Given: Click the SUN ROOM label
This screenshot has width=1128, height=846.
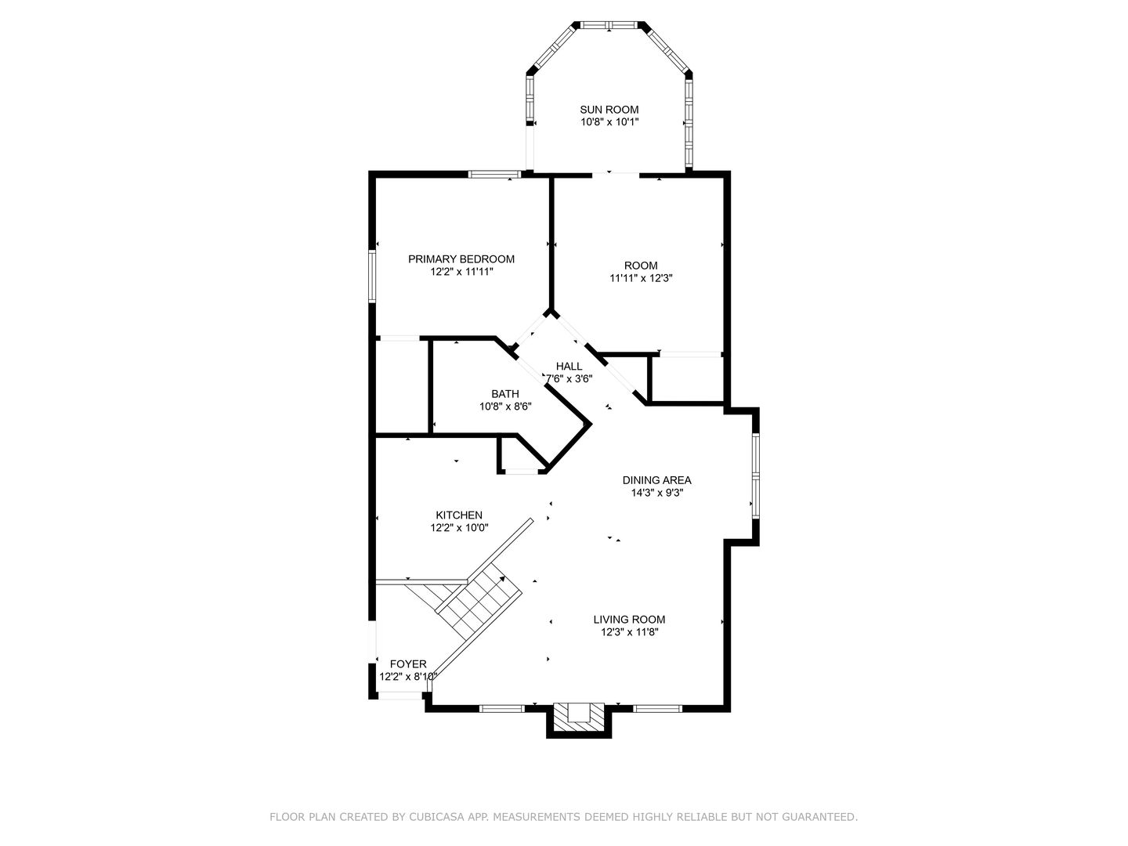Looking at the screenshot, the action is pyautogui.click(x=609, y=110).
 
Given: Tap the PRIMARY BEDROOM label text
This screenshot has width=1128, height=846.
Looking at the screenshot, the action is pyautogui.click(x=461, y=259).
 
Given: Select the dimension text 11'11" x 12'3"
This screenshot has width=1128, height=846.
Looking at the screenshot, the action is pyautogui.click(x=641, y=278).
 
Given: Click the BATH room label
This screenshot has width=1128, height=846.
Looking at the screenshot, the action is pyautogui.click(x=504, y=394).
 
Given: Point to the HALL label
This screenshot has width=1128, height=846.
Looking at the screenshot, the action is pyautogui.click(x=569, y=367).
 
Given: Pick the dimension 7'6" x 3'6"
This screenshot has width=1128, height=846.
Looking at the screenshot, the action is pyautogui.click(x=569, y=379).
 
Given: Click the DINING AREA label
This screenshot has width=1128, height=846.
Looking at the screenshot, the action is pyautogui.click(x=656, y=480).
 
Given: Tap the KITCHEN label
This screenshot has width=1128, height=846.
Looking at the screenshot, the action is pyautogui.click(x=459, y=515).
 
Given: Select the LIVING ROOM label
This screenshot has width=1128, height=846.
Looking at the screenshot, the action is pyautogui.click(x=629, y=620).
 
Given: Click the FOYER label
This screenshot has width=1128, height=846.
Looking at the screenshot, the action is pyautogui.click(x=408, y=664).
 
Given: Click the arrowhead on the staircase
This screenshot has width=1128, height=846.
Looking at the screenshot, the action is pyautogui.click(x=502, y=579).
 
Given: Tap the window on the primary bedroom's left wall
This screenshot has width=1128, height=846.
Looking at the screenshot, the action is pyautogui.click(x=372, y=276).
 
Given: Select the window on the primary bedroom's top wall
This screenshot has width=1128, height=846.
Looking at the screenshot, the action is pyautogui.click(x=494, y=174).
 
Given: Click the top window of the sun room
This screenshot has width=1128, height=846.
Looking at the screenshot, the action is pyautogui.click(x=609, y=24).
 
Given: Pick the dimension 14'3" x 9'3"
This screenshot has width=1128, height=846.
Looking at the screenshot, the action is pyautogui.click(x=656, y=493).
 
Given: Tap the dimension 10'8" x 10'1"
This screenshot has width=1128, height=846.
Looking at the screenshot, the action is pyautogui.click(x=609, y=122).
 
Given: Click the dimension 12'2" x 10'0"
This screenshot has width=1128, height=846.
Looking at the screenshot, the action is pyautogui.click(x=459, y=527).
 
